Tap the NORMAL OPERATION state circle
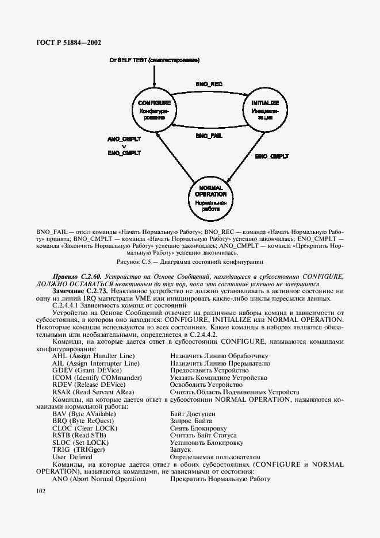[211, 199]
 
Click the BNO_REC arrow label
[209, 84]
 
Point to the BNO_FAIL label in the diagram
[209, 136]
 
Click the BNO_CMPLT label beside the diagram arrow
[272, 156]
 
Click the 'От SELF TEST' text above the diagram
[155, 60]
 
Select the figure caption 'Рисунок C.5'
[189, 261]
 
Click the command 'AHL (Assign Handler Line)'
[92, 356]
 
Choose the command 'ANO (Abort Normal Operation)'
[99, 479]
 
